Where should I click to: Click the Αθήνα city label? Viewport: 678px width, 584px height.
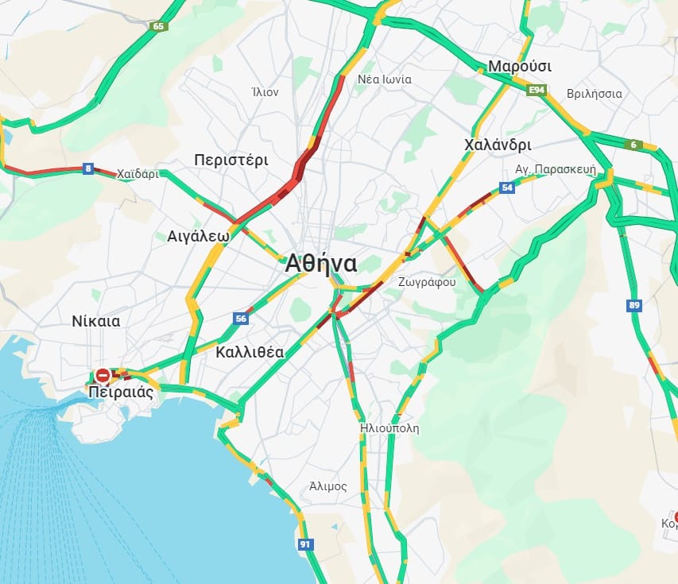[x=321, y=264]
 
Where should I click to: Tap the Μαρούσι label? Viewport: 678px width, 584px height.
[x=520, y=66]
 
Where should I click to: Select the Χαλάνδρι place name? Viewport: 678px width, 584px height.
[x=498, y=145]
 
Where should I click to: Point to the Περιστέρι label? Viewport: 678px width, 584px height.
[x=231, y=161]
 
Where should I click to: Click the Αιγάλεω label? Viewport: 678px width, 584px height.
[x=199, y=236]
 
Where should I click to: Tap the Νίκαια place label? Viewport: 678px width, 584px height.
[x=95, y=322]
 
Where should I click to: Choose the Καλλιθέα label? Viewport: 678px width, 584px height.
[x=250, y=353]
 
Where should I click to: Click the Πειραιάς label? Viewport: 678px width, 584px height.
[x=120, y=392]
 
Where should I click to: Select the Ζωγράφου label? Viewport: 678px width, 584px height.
[x=428, y=281]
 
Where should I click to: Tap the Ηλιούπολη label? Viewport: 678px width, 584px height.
[x=389, y=428]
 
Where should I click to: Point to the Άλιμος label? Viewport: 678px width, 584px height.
[x=328, y=486]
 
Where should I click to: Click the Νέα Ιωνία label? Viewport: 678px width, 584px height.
[x=385, y=79]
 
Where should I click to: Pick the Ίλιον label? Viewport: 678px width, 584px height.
[x=265, y=92]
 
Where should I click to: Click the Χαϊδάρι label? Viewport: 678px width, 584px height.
[x=138, y=173]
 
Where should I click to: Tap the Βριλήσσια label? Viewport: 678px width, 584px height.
[x=595, y=93]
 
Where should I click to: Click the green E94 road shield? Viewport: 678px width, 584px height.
[x=538, y=91]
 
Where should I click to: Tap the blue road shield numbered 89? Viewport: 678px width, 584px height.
[x=633, y=306]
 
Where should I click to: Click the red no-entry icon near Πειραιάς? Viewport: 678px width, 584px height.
[x=103, y=374]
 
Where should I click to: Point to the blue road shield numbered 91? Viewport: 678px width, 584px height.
[x=305, y=544]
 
